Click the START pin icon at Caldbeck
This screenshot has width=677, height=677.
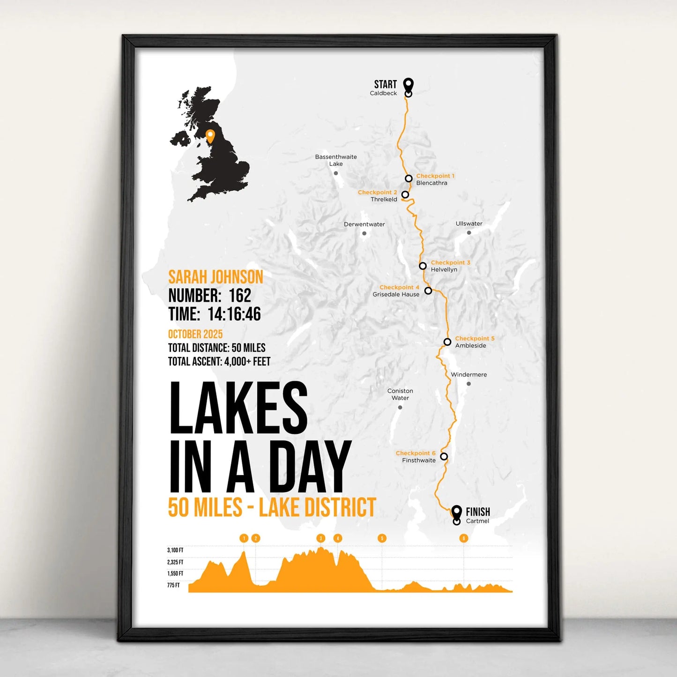click(409, 85)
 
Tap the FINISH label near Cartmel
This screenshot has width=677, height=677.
click(478, 512)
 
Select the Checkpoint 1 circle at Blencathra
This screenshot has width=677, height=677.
click(409, 179)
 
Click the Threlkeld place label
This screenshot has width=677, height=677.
click(384, 200)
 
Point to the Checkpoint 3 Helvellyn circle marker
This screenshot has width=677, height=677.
click(423, 266)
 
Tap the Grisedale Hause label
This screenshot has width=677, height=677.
click(396, 295)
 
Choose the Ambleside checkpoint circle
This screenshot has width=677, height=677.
click(447, 342)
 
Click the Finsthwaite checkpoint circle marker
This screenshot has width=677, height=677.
click(444, 456)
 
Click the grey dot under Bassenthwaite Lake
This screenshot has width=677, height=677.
click(336, 173)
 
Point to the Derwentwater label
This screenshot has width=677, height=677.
click(364, 224)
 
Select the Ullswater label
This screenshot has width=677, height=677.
click(469, 223)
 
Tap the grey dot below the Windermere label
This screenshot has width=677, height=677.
click(469, 384)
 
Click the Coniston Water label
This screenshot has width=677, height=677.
click(400, 394)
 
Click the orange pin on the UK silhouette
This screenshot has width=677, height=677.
click(210, 136)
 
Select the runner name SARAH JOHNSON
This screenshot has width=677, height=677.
click(216, 277)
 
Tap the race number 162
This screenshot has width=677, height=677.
click(240, 296)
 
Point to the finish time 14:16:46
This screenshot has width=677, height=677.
click(234, 314)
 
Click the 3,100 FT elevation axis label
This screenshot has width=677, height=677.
click(175, 551)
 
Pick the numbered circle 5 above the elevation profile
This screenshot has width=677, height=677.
click(382, 538)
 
